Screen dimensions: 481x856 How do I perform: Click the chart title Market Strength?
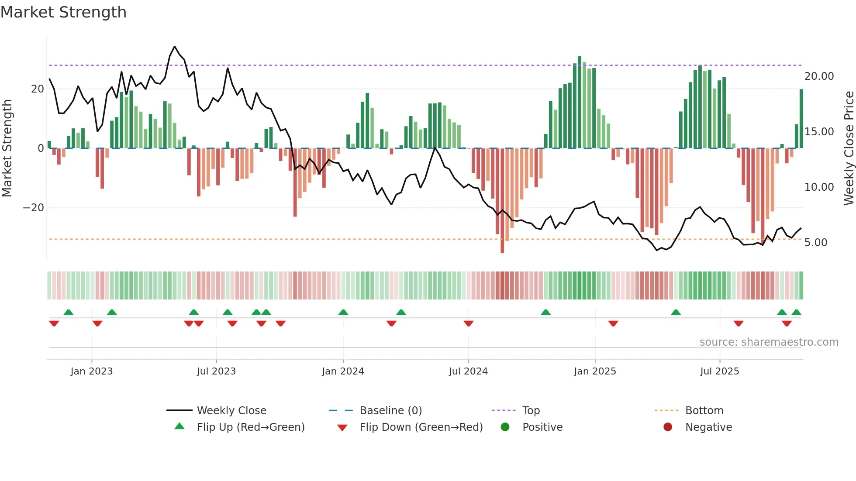pos(63,12)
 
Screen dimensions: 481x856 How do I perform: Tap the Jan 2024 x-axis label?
pos(343,371)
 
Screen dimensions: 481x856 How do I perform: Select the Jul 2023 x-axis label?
pos(216,371)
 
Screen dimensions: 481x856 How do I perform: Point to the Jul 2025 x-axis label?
pos(719,371)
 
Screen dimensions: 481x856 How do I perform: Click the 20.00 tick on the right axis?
pos(819,76)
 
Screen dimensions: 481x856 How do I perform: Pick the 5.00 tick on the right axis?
pos(815,243)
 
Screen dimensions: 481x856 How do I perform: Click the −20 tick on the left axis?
pos(34,208)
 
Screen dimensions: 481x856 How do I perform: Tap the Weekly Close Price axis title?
pos(849,148)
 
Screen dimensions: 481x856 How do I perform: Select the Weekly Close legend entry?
pos(231,411)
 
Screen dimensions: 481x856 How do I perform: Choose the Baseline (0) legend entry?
pos(390,411)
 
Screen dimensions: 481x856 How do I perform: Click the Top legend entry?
pos(531,411)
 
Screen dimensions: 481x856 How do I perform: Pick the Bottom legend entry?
pos(704,411)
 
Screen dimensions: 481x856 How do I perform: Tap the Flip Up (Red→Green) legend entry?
pos(250,427)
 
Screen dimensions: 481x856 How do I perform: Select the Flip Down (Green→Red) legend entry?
pos(421,427)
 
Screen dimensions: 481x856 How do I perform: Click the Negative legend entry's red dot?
pos(668,427)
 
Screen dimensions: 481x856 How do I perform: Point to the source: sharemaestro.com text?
pos(769,342)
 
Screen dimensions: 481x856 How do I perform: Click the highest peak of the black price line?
pos(175,47)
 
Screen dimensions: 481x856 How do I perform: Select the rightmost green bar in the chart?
pos(801,118)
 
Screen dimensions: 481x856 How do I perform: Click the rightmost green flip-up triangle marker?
pos(796,313)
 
